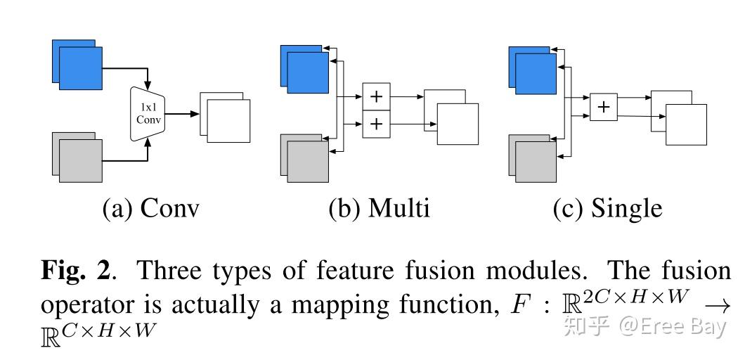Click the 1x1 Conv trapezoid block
(x=148, y=114)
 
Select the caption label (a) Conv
(x=150, y=209)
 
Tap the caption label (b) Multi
(x=379, y=209)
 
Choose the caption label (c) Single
(x=607, y=209)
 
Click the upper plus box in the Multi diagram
(x=376, y=96)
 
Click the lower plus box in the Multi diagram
(x=376, y=124)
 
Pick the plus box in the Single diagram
(x=603, y=108)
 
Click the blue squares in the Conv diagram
(x=79, y=66)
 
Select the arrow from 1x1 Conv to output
(x=181, y=114)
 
